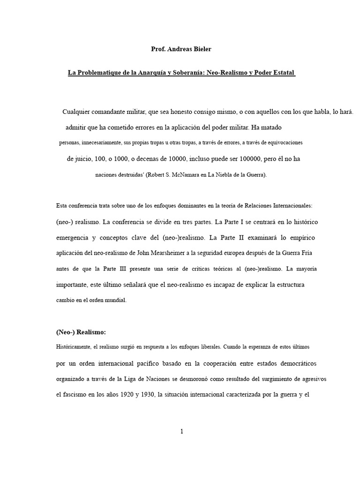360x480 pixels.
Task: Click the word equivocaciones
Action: [x=283, y=142]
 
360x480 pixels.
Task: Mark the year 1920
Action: [x=133, y=395]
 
